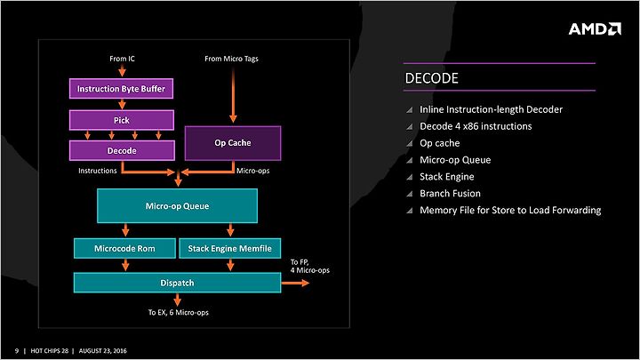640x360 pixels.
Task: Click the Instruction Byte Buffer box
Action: (x=121, y=89)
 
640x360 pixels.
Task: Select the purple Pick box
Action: (x=122, y=120)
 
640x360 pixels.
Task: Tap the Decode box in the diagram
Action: (x=122, y=150)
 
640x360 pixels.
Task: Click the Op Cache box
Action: (x=233, y=143)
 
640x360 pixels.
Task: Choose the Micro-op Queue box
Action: (x=177, y=205)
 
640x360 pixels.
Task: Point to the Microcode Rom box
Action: (x=125, y=248)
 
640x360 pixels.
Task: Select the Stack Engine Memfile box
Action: (x=230, y=248)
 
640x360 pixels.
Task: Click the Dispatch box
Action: (x=177, y=283)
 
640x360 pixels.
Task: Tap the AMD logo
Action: (x=595, y=29)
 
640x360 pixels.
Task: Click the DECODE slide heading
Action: (x=431, y=78)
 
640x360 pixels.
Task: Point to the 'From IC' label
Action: (x=122, y=59)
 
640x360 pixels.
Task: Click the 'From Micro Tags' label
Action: (x=231, y=59)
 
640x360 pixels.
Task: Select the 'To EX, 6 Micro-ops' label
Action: (x=178, y=312)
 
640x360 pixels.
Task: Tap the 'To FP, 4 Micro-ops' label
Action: (x=310, y=266)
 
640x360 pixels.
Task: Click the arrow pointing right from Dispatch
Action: (x=295, y=283)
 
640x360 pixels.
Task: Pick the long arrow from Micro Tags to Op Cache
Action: (x=233, y=95)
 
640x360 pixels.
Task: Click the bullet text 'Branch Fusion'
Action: (x=450, y=194)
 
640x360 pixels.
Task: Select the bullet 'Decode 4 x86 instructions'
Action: (x=476, y=126)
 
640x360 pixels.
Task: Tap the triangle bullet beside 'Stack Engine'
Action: (x=410, y=177)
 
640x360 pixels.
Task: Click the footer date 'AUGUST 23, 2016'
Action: (x=103, y=350)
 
